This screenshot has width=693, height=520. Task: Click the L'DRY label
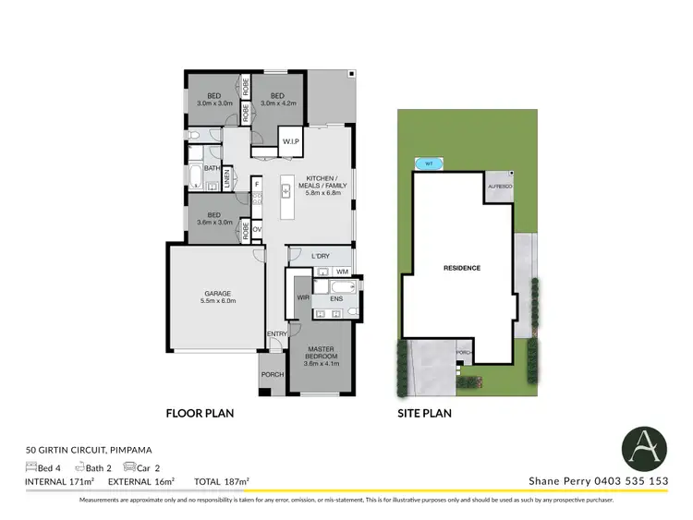[321, 255]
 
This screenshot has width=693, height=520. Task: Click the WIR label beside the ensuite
[302, 297]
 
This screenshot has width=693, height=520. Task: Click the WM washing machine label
[342, 272]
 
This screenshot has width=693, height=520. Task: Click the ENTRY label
[276, 333]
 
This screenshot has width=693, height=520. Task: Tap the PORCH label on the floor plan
[272, 374]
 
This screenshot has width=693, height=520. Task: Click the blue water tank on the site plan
[429, 163]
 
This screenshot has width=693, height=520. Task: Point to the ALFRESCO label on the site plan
[499, 186]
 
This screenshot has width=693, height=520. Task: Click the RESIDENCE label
[462, 268]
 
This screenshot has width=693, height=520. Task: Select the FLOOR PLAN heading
[199, 414]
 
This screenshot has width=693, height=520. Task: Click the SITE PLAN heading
[425, 414]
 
